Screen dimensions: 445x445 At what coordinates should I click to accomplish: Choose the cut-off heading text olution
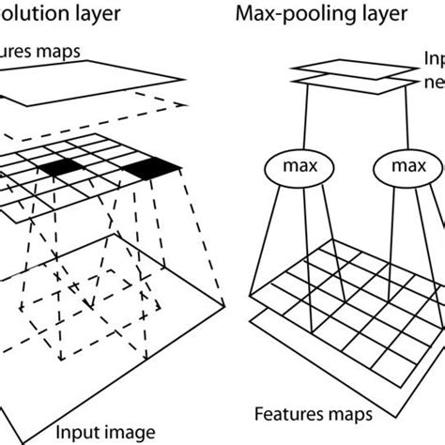[38, 16]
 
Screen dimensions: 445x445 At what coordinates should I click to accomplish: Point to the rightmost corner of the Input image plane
[226, 302]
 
